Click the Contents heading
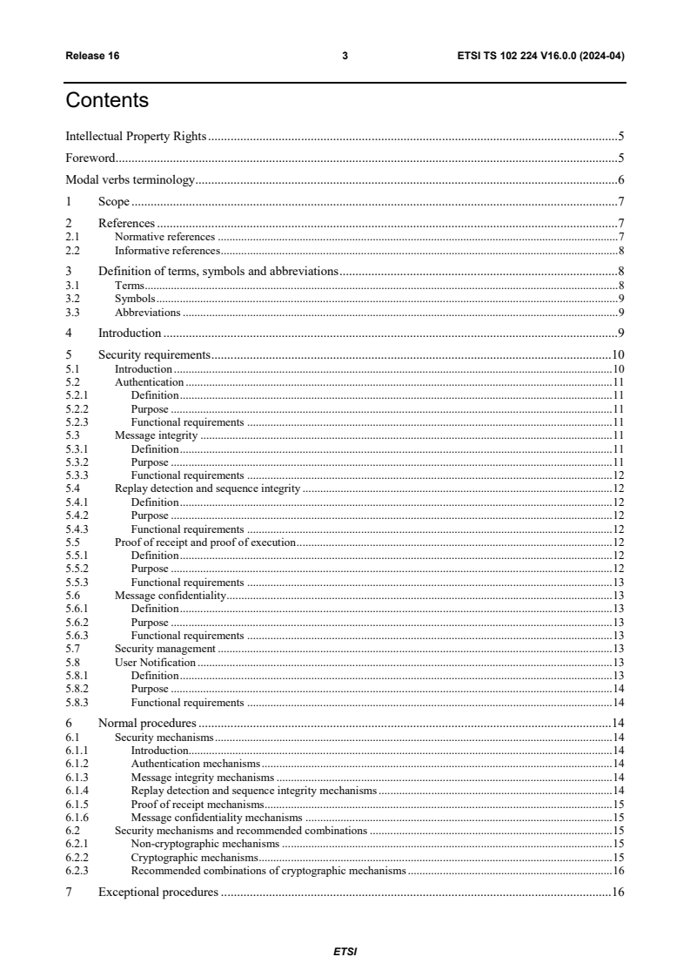107,101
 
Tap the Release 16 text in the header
92,57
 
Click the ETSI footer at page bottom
345,952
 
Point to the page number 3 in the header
345,57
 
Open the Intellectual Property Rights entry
135,136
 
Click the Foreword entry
91,158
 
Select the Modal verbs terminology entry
130,180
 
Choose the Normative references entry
164,237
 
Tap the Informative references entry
166,250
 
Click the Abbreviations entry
148,312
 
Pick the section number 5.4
73,488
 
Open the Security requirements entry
154,354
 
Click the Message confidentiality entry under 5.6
171,596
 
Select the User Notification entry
155,663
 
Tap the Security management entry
165,649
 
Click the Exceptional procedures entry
157,893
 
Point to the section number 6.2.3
77,870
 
